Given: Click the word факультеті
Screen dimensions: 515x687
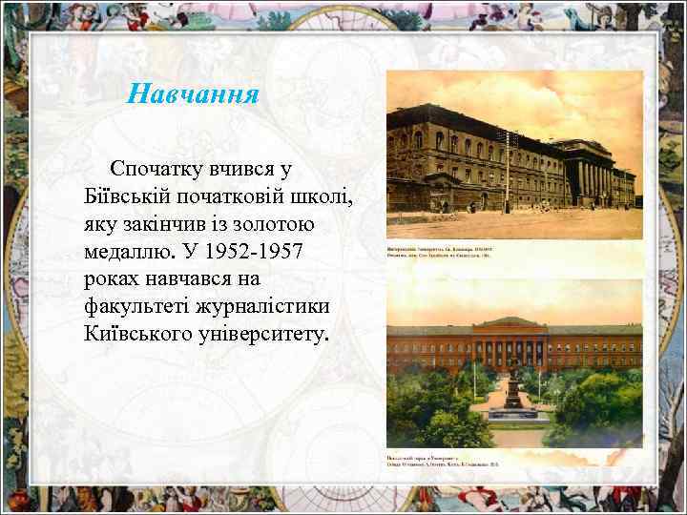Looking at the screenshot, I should click(x=140, y=308).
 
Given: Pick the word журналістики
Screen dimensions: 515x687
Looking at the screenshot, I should click(x=266, y=308).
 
